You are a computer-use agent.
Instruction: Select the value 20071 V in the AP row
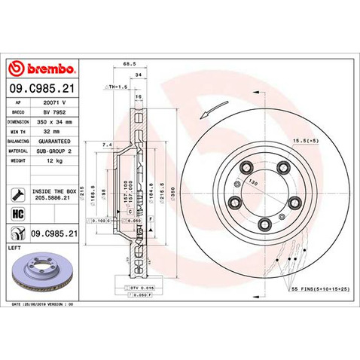tap(58, 100)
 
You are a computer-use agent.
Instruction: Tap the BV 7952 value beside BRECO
tap(58, 110)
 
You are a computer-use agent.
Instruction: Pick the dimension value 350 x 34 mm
tap(58, 120)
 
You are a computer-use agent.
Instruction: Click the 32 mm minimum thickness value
tap(58, 130)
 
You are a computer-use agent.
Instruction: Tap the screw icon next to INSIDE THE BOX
tap(16, 194)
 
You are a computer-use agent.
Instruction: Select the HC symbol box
tap(16, 215)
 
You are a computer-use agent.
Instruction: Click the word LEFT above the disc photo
tap(13, 247)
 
